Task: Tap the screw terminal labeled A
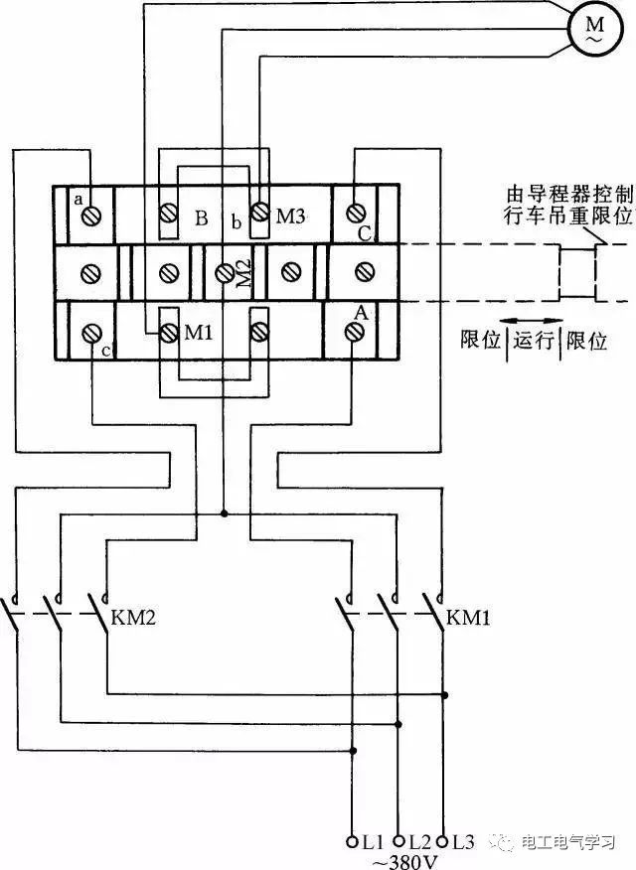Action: (355, 332)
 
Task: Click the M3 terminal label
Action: (290, 215)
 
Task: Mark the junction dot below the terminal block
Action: (225, 513)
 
